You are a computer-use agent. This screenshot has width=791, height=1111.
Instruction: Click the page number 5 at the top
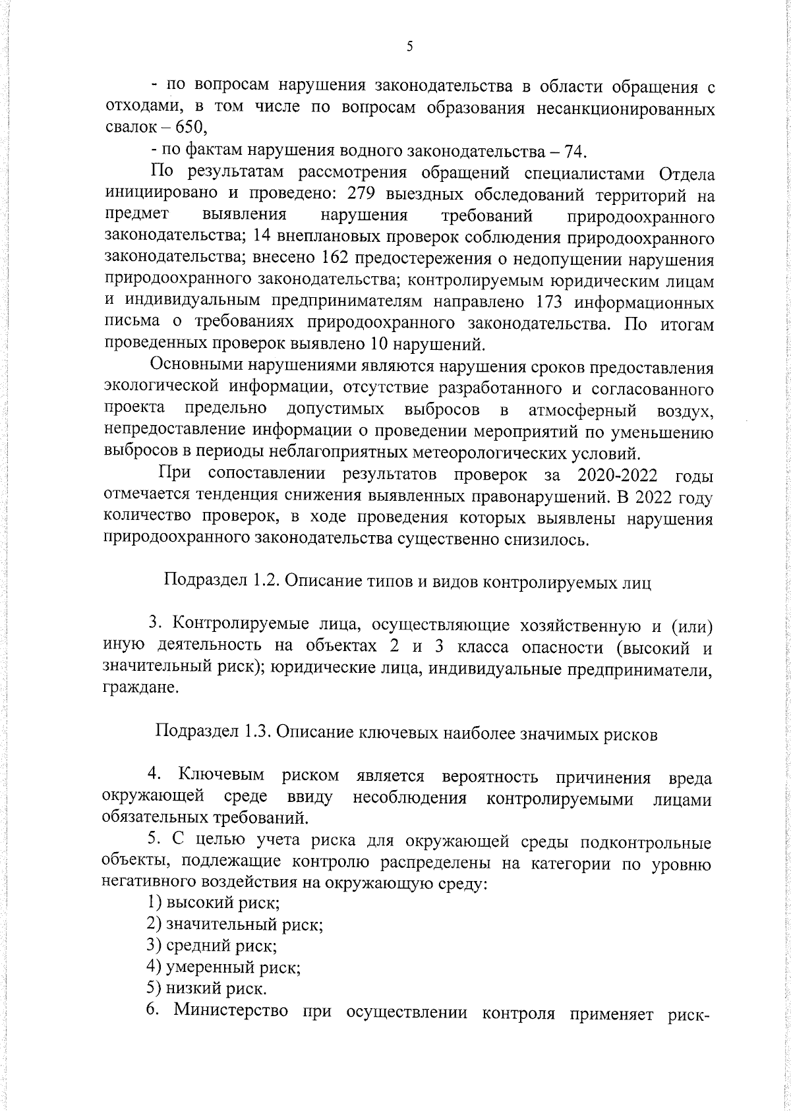tap(409, 47)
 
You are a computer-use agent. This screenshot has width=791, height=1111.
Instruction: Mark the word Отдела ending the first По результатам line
tap(686, 174)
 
